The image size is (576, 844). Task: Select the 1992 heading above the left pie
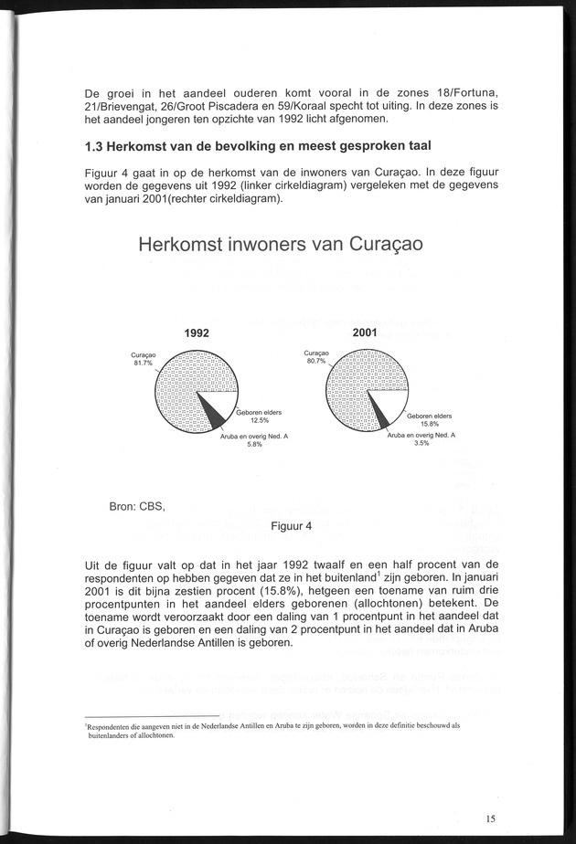[x=197, y=333]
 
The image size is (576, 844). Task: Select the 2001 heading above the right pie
[x=365, y=333]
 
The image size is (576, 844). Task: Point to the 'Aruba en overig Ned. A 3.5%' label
[x=421, y=439]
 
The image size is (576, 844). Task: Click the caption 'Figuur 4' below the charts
[x=292, y=526]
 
